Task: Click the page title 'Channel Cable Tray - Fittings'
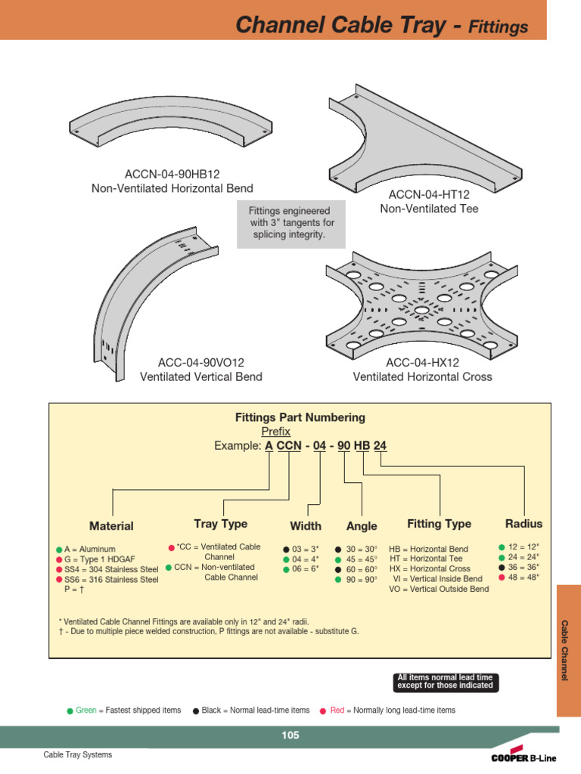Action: click(x=381, y=26)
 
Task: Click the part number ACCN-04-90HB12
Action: click(x=172, y=174)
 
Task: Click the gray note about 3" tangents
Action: click(x=291, y=224)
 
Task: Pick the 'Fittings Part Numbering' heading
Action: click(x=300, y=417)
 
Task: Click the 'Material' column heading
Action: click(x=111, y=526)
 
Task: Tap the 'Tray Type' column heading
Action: click(x=220, y=524)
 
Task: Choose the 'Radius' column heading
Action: click(x=524, y=524)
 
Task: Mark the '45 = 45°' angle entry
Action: click(x=361, y=559)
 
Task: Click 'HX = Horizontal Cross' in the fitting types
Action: click(x=429, y=568)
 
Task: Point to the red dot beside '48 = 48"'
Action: click(x=502, y=577)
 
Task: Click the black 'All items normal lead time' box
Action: click(x=445, y=681)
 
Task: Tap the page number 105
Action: click(x=290, y=735)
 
